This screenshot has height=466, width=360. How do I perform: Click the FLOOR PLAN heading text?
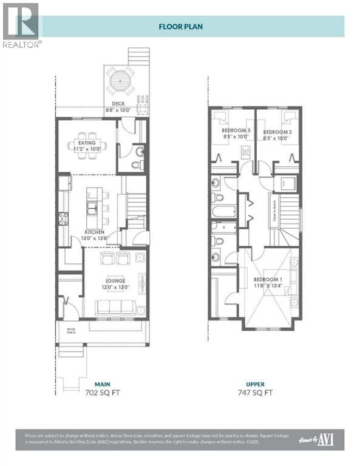pos(180,26)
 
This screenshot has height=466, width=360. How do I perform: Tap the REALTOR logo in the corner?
pos(21,25)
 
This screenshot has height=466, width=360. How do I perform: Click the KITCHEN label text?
pos(94,232)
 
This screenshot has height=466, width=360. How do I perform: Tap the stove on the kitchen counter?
pos(63,218)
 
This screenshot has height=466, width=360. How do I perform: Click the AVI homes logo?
pos(326,438)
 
